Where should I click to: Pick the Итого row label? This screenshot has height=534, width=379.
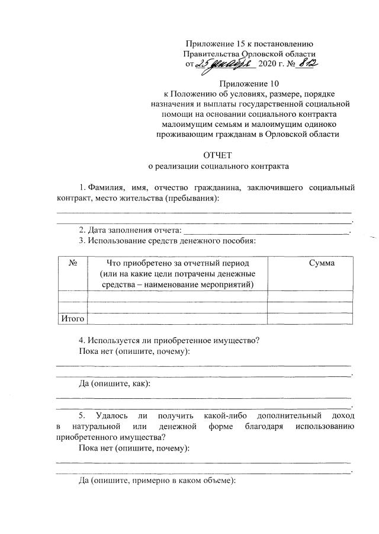coord(73,319)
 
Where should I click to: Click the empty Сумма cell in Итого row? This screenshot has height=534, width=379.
coord(310,319)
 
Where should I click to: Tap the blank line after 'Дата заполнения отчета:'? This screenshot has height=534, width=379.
coord(266,231)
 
